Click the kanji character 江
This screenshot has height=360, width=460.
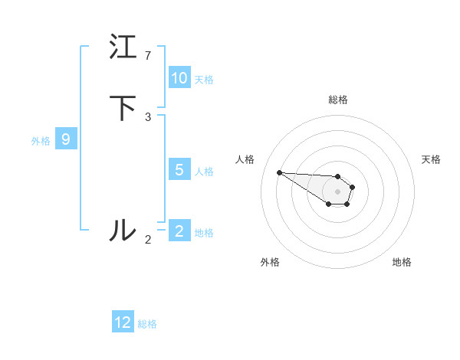123,47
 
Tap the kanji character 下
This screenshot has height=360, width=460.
123,108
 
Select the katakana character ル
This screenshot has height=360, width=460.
123,230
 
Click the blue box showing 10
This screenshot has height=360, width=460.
179,78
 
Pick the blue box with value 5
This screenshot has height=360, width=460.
179,170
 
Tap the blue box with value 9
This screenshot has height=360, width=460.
66,139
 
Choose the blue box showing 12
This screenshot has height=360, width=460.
123,322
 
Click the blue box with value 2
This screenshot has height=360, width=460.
179,231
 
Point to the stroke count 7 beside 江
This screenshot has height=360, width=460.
148,55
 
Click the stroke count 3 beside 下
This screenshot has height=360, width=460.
148,116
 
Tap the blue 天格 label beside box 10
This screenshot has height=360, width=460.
204,79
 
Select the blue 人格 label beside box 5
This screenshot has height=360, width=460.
204,171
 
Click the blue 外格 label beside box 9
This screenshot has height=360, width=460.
41,140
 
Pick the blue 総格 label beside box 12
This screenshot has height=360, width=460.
147,324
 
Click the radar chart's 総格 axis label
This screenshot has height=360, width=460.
338,100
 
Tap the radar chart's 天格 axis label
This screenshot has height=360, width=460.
431,159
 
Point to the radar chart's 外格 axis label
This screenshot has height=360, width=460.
270,262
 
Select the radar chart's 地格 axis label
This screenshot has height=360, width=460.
402,262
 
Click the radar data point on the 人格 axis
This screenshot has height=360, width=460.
279,172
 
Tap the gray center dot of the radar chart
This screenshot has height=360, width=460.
337,191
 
